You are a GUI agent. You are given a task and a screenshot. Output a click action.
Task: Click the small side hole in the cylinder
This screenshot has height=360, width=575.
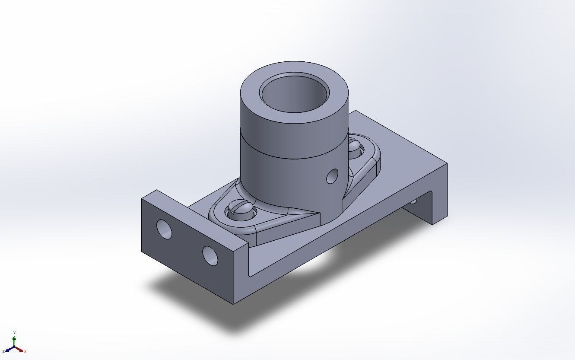point(332,176)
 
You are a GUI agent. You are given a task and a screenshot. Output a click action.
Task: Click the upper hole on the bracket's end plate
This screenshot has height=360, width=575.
point(164,229)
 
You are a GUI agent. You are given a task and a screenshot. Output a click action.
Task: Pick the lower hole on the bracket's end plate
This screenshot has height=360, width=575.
point(210,255)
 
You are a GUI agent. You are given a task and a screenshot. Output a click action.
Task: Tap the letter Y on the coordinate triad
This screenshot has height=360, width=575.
point(15,332)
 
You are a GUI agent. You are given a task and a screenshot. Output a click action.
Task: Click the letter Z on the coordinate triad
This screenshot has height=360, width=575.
point(3,352)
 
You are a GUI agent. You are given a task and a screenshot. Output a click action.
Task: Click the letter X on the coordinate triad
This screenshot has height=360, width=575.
point(25,352)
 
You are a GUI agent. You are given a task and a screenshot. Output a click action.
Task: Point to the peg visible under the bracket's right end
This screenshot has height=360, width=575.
point(413,201)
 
